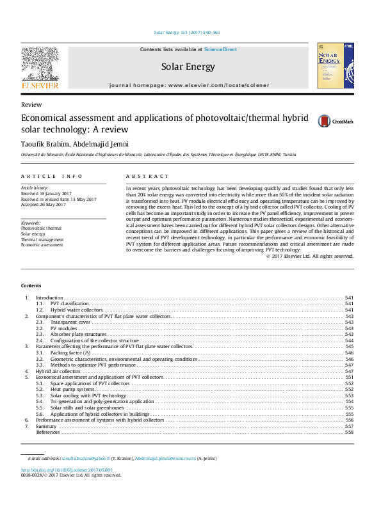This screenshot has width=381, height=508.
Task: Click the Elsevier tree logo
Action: point(40,63)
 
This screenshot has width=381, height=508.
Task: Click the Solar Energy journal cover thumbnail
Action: point(335,66)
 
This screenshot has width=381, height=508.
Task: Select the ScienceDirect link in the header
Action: point(220,49)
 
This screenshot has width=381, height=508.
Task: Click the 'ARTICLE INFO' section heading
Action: point(51,176)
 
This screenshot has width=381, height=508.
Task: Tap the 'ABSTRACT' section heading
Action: point(147,176)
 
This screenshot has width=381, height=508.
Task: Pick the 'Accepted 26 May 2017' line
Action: point(44,205)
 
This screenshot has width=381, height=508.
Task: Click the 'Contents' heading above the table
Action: point(31,285)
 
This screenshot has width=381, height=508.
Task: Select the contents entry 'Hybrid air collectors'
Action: point(58,371)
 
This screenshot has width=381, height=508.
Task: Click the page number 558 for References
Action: point(349,432)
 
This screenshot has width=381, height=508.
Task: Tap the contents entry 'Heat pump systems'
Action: point(72,389)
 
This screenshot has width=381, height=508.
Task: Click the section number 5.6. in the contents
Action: point(39,413)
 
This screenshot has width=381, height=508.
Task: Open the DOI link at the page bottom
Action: point(63,470)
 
